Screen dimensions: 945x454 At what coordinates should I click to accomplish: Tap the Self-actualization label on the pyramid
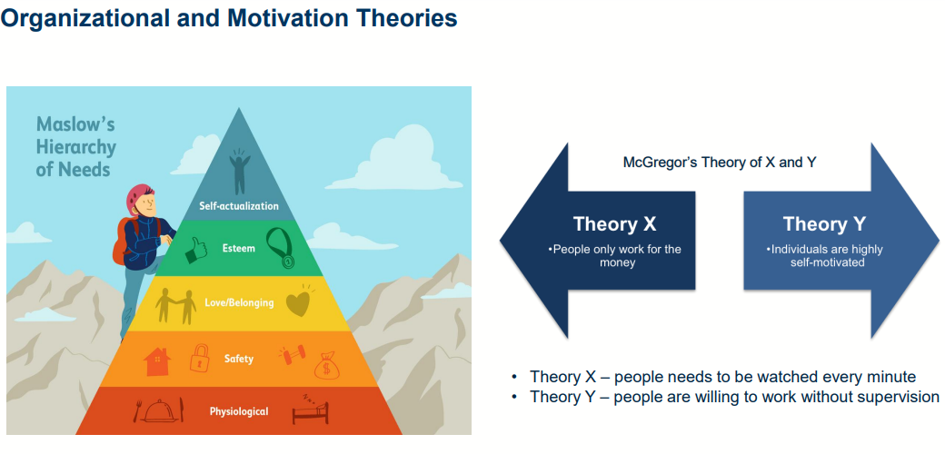coord(239,206)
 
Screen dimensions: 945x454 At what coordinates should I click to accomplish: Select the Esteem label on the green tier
coord(239,248)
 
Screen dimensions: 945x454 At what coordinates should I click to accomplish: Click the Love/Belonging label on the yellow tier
coord(239,303)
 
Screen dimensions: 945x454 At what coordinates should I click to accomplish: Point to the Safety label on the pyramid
coord(239,359)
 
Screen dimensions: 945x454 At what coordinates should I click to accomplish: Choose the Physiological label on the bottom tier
coord(239,412)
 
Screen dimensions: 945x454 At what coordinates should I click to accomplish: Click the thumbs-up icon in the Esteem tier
coord(195,250)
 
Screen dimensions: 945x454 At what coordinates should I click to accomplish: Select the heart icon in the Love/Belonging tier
coord(298,303)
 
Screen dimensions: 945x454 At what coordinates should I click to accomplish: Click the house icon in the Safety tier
coord(157,362)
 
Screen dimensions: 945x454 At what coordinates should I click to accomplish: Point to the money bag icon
coord(326,364)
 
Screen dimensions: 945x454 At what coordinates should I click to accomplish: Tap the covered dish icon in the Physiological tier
coord(159,410)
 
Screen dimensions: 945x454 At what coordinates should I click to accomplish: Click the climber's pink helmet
coord(138,198)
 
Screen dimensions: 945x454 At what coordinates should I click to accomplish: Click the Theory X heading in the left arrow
coord(614,224)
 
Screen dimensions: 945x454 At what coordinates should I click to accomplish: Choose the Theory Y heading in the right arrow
coord(824,224)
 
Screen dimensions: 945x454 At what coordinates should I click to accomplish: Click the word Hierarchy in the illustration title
coord(76,147)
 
